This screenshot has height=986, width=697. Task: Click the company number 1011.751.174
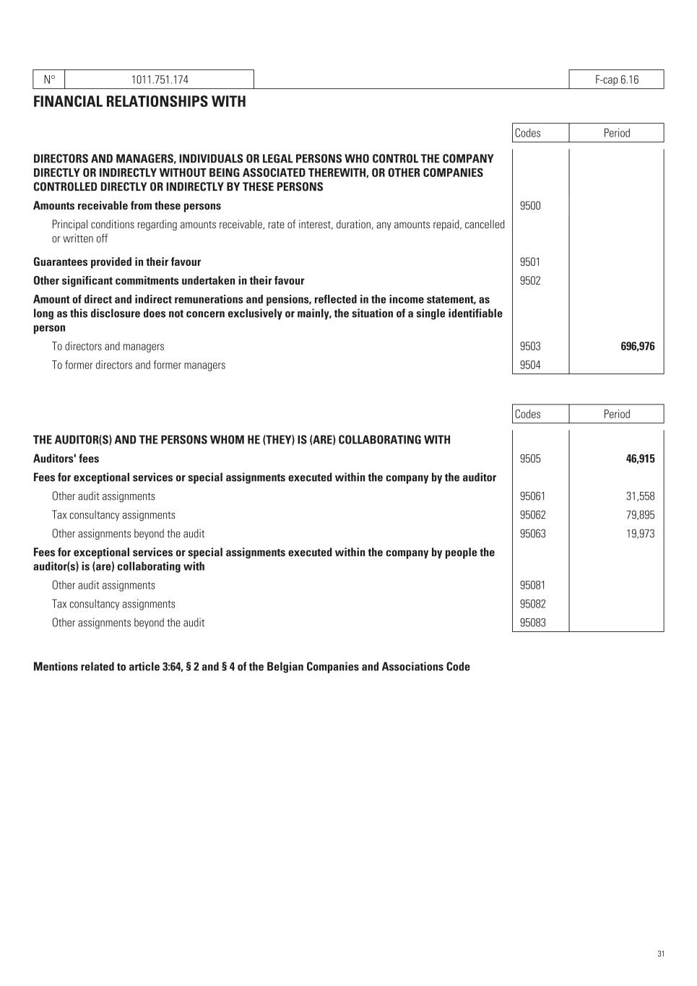160,79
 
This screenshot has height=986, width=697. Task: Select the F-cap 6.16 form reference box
616,79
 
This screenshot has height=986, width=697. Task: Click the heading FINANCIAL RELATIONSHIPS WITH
139,102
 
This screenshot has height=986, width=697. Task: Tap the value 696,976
637,347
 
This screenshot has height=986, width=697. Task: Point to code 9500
530,206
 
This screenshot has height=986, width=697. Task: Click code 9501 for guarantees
530,262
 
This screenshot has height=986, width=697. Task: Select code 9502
530,281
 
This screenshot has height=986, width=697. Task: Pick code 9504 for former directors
530,366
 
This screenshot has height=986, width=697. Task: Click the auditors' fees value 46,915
640,459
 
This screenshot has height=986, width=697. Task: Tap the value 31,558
640,496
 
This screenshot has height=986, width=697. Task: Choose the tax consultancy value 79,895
640,515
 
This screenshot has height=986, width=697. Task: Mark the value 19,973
640,534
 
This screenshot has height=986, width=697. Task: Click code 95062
533,515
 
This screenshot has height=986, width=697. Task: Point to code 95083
533,623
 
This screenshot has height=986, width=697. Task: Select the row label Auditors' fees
66,459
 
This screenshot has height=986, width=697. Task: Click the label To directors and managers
108,347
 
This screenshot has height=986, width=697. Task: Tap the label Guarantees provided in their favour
117,262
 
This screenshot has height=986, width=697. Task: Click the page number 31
661,954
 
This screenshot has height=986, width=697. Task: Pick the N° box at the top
49,79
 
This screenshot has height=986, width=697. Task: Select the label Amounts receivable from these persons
127,206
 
